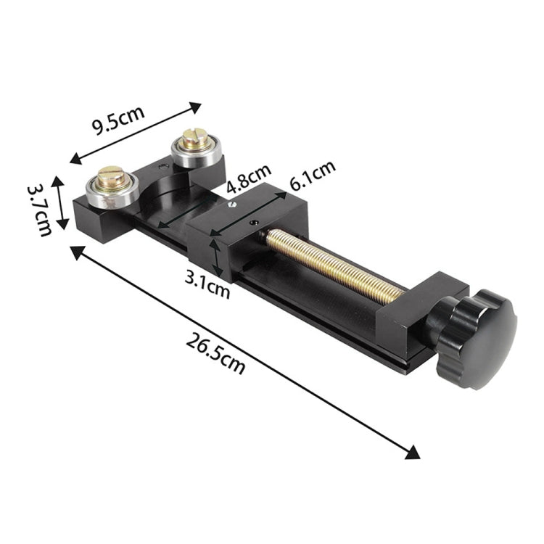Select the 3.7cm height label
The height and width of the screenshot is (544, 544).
pos(39,209)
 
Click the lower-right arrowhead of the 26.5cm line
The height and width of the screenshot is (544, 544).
pos(413,452)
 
